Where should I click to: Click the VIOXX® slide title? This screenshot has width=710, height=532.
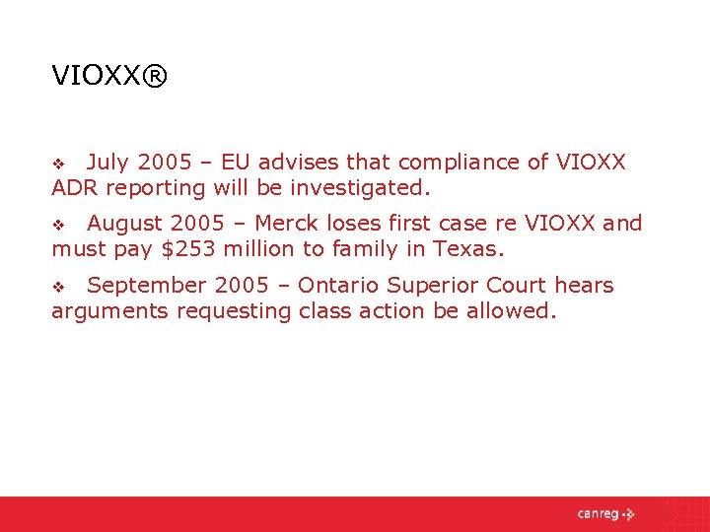coord(110,75)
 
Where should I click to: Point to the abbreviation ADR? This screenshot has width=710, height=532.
coord(75,187)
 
